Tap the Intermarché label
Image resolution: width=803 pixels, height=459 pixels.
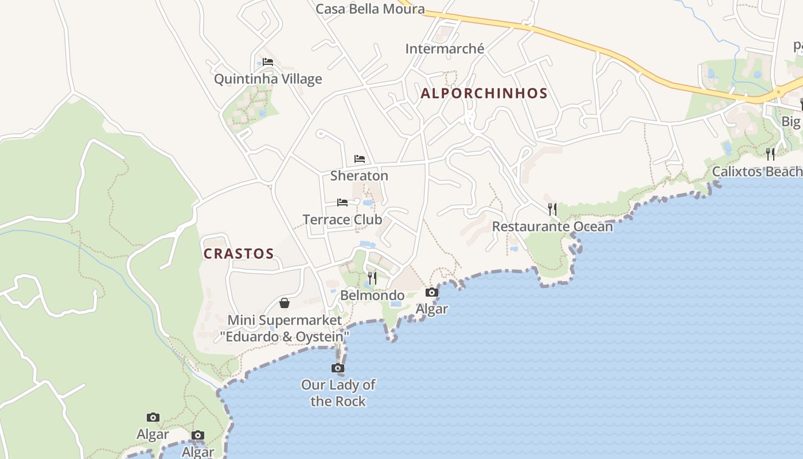click(445, 49)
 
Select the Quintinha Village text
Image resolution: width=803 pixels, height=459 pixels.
click(268, 79)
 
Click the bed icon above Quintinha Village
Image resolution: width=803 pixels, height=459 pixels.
click(268, 62)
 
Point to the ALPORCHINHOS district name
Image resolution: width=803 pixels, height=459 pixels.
click(484, 93)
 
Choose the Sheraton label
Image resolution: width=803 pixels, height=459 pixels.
click(359, 176)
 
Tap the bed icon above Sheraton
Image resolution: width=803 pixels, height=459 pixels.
click(360, 159)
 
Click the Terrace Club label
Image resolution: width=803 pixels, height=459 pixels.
click(342, 219)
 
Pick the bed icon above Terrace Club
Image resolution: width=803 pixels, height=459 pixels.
click(342, 203)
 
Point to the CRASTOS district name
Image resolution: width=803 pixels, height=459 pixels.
click(239, 254)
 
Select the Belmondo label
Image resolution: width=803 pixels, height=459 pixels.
click(372, 295)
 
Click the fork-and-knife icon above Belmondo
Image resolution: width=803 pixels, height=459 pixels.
click(372, 278)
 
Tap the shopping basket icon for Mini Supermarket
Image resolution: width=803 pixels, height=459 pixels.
click(284, 303)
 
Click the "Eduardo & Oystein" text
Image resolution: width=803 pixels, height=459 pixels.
click(284, 337)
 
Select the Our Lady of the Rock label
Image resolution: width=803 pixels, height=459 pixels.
click(338, 393)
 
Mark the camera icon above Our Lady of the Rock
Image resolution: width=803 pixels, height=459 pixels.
click(338, 368)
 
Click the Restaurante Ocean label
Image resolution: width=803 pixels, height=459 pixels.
click(552, 227)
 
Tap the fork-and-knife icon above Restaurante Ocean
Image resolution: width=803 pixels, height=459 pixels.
click(552, 209)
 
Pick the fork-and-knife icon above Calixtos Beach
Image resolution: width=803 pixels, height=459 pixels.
click(770, 154)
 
